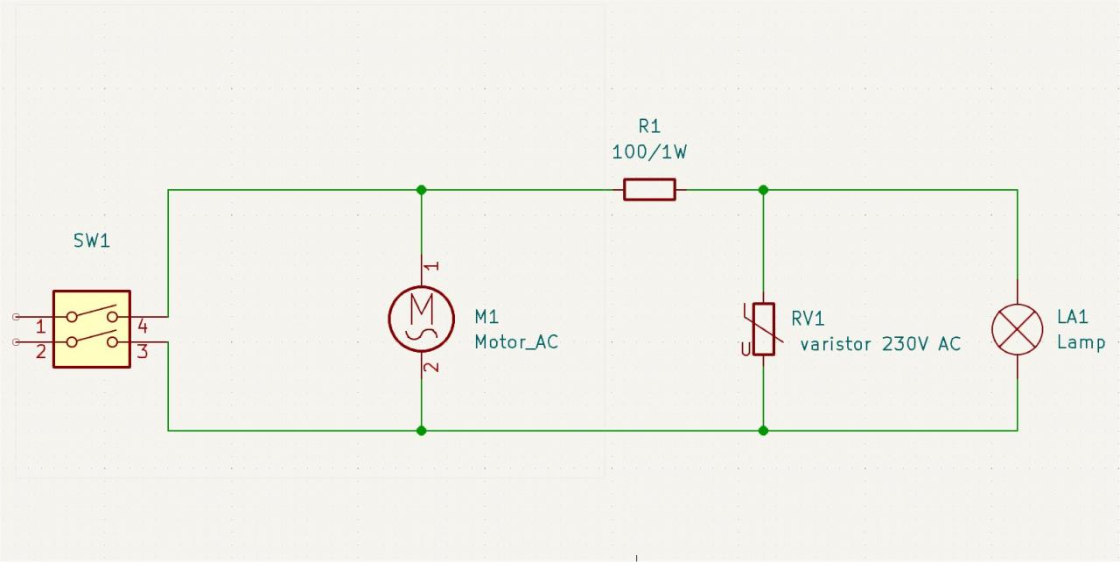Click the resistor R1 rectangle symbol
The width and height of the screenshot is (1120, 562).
coord(649,189)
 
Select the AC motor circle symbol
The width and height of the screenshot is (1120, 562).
coord(422,317)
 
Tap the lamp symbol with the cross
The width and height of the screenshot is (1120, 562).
coord(1017,330)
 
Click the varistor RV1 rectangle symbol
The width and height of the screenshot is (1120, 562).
coord(764,329)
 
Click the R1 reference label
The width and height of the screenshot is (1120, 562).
coord(649,127)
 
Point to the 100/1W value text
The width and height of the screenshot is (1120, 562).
coord(649,152)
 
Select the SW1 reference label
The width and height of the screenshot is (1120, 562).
coord(92,241)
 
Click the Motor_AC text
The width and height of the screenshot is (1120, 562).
coord(516,342)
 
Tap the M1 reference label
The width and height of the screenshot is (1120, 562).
coord(486,316)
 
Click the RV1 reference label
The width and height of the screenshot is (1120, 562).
coord(808,318)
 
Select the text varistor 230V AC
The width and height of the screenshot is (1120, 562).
coord(880,344)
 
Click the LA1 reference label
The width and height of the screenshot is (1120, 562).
coord(1072,316)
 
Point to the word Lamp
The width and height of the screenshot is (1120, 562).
coord(1081,342)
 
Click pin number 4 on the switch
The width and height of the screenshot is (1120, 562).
coord(143,327)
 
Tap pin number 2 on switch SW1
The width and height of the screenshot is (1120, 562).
coord(40,352)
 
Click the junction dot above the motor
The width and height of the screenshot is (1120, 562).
coord(422,189)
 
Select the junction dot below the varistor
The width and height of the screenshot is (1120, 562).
coord(764,430)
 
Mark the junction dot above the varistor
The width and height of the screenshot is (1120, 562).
coord(764,189)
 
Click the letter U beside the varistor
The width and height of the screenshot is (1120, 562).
coord(745,349)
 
